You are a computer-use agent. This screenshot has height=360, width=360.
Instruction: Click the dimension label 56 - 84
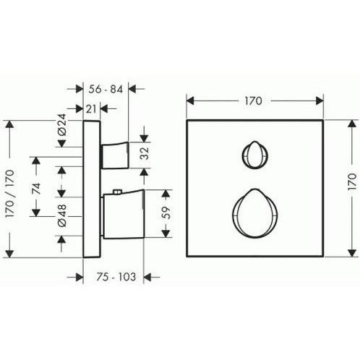[106, 90]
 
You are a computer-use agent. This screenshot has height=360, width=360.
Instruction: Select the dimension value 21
[91, 109]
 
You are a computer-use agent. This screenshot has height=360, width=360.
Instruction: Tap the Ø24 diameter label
[62, 124]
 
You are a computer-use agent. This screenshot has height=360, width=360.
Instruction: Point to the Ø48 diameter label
[62, 215]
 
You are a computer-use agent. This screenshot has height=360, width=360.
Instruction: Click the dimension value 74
[36, 189]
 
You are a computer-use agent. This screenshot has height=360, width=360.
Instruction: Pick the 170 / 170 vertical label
[10, 194]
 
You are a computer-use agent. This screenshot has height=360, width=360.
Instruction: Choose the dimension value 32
[145, 153]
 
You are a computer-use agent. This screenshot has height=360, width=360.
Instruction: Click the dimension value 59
[166, 213]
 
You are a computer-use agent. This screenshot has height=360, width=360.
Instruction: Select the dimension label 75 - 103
[116, 277]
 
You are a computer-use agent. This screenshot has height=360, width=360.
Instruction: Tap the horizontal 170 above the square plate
[253, 101]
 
